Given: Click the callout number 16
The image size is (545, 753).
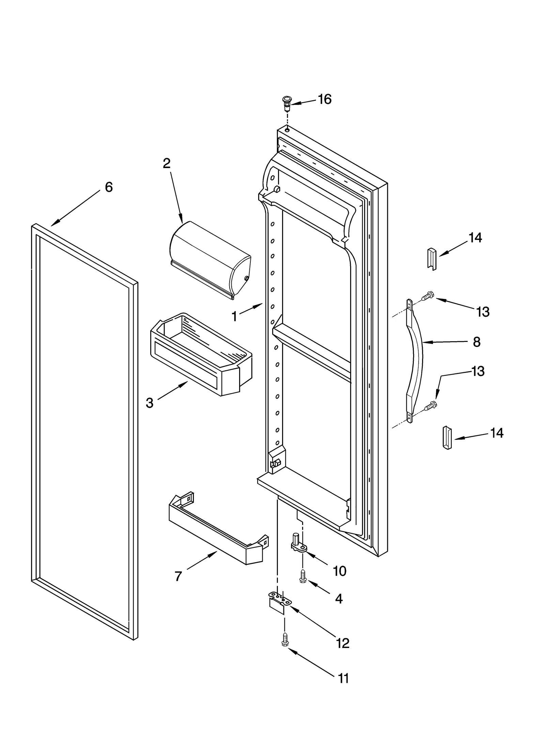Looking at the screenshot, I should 324,99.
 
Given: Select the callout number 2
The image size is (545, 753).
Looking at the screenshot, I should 166,164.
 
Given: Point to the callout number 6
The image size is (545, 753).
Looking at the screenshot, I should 108,187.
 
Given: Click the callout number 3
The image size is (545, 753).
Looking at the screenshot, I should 149,403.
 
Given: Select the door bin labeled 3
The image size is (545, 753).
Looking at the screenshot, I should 201,355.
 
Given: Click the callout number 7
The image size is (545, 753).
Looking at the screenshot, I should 178,576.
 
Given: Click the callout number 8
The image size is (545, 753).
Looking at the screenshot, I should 477,342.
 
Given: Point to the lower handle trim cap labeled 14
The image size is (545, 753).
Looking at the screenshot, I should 447,438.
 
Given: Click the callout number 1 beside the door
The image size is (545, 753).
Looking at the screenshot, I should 234,316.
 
